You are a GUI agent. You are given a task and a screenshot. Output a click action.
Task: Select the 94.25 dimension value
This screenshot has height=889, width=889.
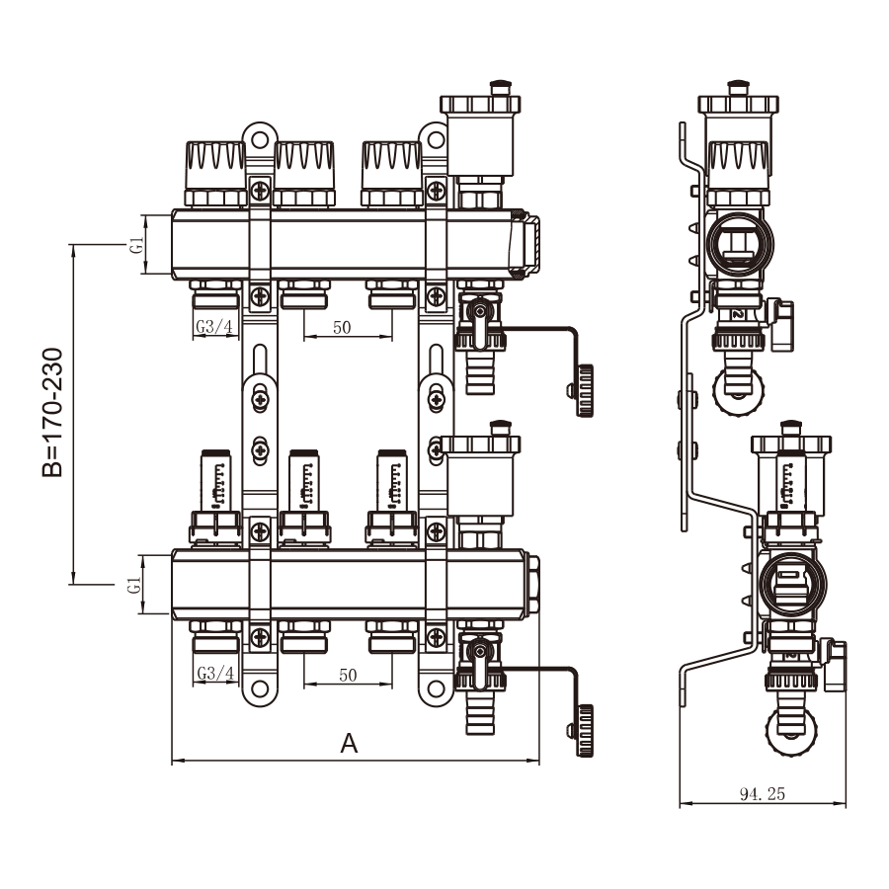click(x=763, y=793)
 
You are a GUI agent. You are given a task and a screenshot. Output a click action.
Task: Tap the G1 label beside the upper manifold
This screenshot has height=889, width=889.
click(x=136, y=244)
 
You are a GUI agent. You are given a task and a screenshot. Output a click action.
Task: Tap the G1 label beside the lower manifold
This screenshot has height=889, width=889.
click(x=136, y=585)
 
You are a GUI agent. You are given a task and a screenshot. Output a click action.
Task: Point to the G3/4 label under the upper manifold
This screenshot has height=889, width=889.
click(x=214, y=327)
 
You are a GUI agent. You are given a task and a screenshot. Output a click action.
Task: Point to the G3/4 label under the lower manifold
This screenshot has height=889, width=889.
click(x=214, y=674)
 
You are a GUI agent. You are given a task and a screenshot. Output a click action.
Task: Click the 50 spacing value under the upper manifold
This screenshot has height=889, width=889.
click(x=342, y=328)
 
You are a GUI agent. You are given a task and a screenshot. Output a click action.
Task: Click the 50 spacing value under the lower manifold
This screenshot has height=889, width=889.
click(x=348, y=675)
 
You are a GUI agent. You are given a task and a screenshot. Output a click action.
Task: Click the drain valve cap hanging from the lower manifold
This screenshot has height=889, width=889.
click(x=584, y=729)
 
